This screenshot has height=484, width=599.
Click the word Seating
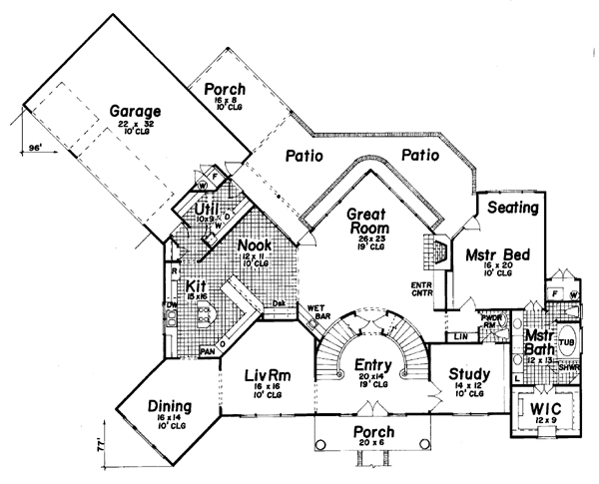click(515, 208)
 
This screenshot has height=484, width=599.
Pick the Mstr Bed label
click(489, 254)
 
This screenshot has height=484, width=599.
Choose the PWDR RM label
click(490, 320)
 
